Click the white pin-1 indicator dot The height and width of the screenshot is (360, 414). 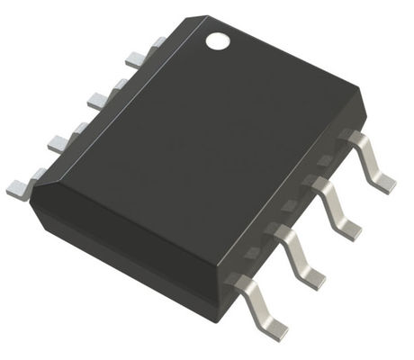pyautogui.click(x=217, y=40)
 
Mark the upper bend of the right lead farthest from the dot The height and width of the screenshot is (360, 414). pyautogui.click(x=241, y=281)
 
